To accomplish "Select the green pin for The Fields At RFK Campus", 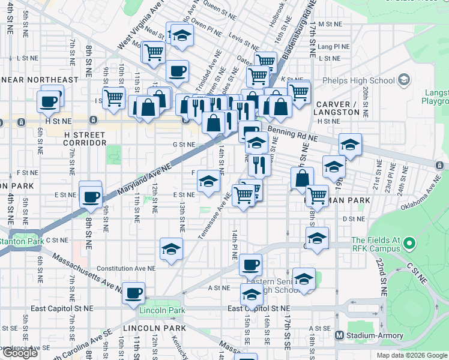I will (x=409, y=244).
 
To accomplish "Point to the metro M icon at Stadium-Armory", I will (x=339, y=335).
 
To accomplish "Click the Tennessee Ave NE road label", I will (x=214, y=217).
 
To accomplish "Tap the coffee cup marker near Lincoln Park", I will (x=133, y=293).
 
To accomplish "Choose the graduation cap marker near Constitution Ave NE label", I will (x=171, y=249).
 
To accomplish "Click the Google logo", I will (x=20, y=353).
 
